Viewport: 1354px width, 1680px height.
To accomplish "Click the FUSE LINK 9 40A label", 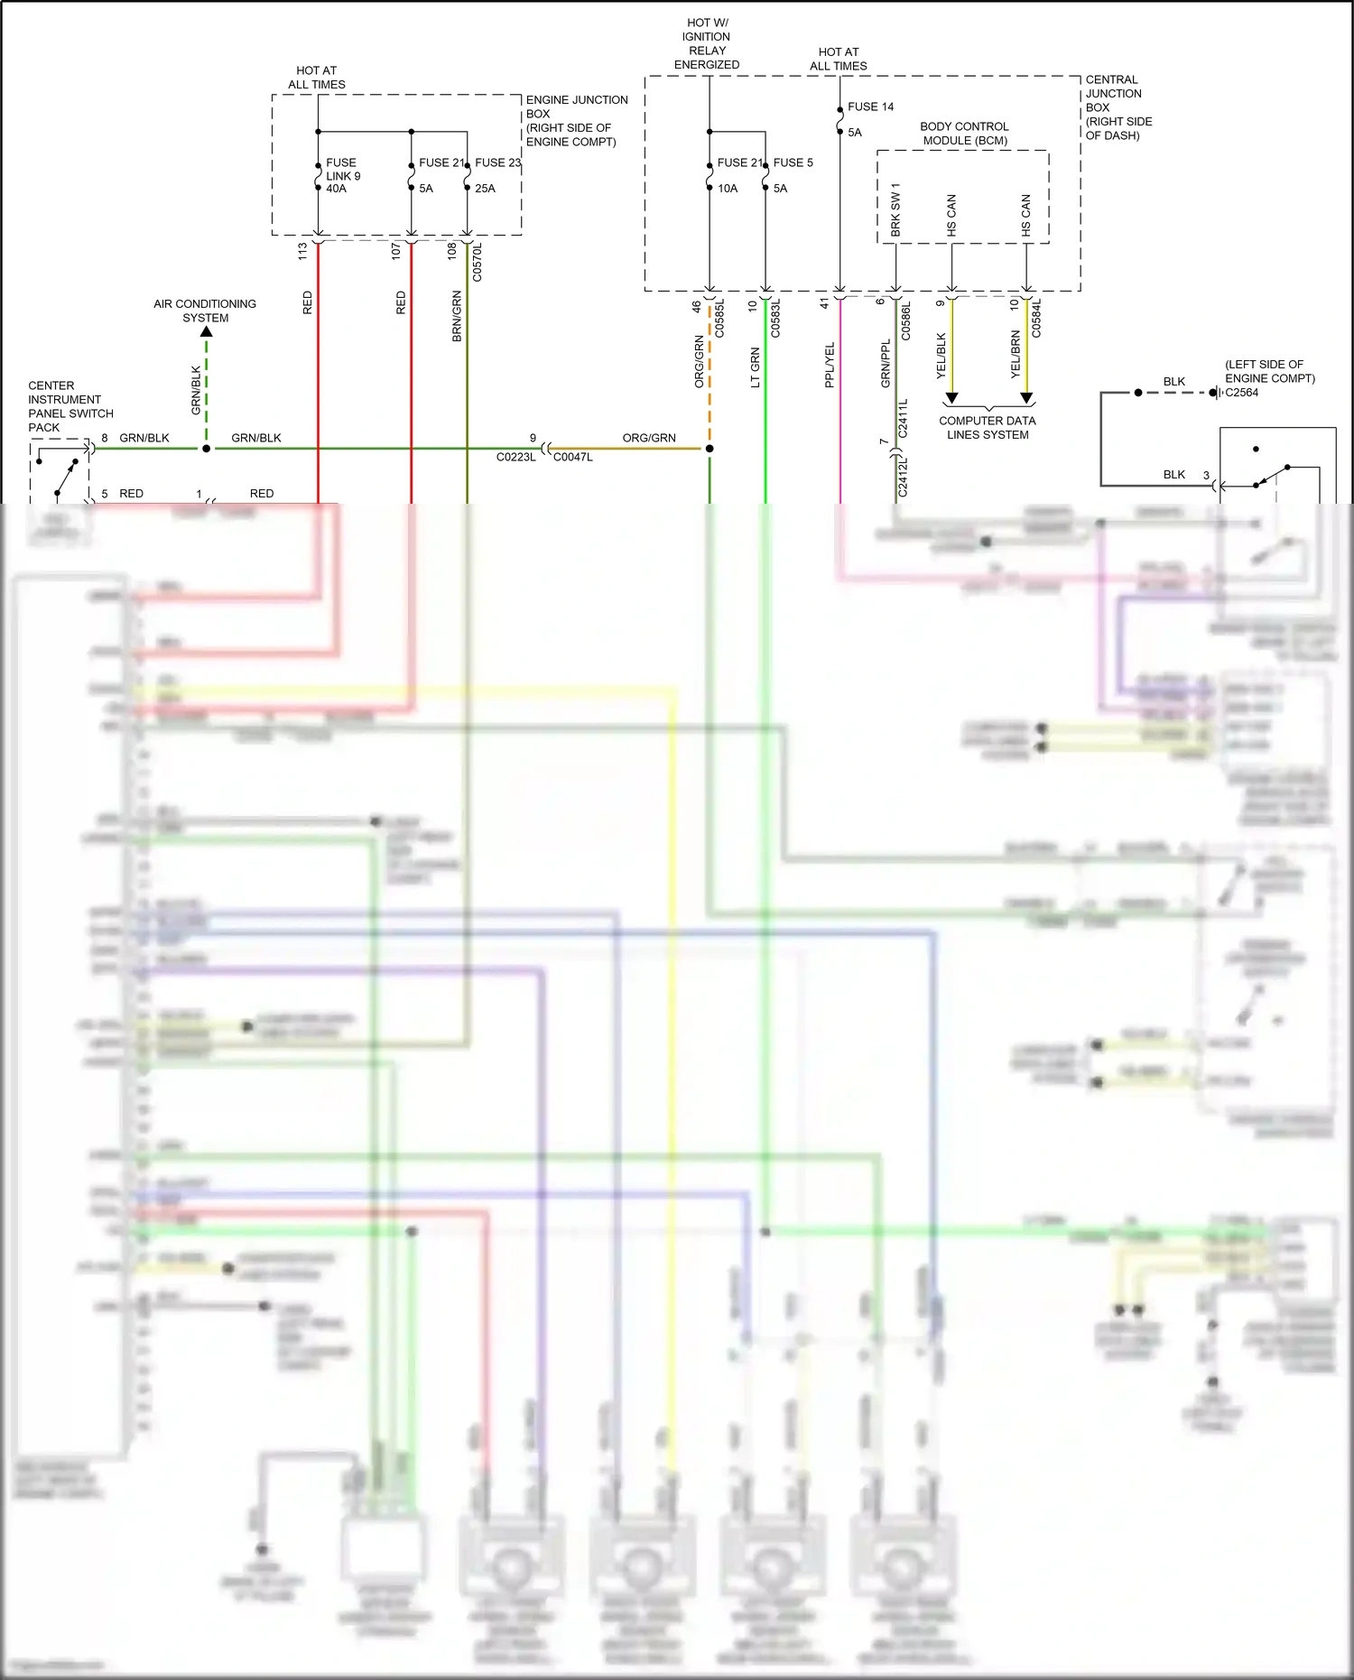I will click(342, 175).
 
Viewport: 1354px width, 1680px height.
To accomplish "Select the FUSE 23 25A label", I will click(497, 175).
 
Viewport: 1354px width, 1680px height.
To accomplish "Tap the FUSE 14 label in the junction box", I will click(870, 107).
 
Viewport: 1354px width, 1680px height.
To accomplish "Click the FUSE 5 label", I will click(793, 162).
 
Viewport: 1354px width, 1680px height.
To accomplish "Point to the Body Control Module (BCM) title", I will click(964, 134).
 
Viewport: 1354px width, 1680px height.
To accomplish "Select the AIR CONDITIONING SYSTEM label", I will click(205, 311).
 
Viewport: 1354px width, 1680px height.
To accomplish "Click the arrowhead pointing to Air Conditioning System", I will click(206, 332).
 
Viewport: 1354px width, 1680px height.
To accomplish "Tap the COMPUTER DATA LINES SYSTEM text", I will click(988, 427).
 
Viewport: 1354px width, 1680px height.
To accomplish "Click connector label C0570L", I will click(478, 262).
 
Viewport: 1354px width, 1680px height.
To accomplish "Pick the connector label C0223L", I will click(515, 457).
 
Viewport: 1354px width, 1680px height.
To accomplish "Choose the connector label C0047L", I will click(573, 457).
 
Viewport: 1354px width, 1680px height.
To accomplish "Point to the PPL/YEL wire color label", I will click(830, 365).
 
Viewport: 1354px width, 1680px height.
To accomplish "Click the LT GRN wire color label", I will click(756, 367).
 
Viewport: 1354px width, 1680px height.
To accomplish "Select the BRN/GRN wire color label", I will click(457, 315).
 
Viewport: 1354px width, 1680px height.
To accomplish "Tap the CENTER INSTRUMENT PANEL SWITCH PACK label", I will click(70, 406).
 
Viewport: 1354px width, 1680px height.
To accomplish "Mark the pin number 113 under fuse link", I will click(302, 251).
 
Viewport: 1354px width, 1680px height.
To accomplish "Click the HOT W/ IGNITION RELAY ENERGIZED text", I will click(707, 43).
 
